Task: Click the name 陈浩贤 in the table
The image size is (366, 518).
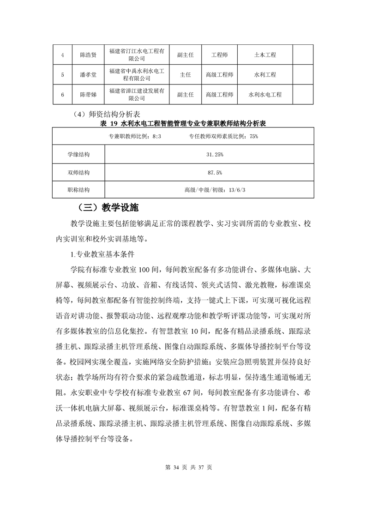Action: click(x=88, y=55)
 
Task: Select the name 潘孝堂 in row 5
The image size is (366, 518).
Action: click(x=88, y=74)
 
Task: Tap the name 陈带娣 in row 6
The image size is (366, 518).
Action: click(x=88, y=95)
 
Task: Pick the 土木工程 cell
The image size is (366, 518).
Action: click(x=265, y=55)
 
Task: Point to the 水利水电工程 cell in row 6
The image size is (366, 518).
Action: click(x=265, y=95)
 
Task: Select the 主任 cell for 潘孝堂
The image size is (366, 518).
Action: click(x=185, y=74)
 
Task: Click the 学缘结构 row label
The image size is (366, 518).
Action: click(x=78, y=154)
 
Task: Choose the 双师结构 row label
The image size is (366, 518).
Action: click(x=78, y=172)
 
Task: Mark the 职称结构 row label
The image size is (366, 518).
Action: click(x=78, y=190)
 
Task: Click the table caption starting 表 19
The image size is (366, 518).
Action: click(x=183, y=124)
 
